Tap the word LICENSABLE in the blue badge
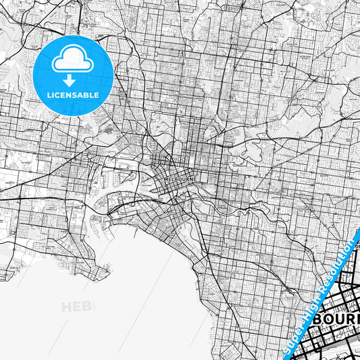coord(73,95)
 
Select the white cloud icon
coord(73,61)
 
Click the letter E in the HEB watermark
coord(80,307)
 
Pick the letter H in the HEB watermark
coord(68,307)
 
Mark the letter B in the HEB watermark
coord(90,307)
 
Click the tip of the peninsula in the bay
coord(108,273)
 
